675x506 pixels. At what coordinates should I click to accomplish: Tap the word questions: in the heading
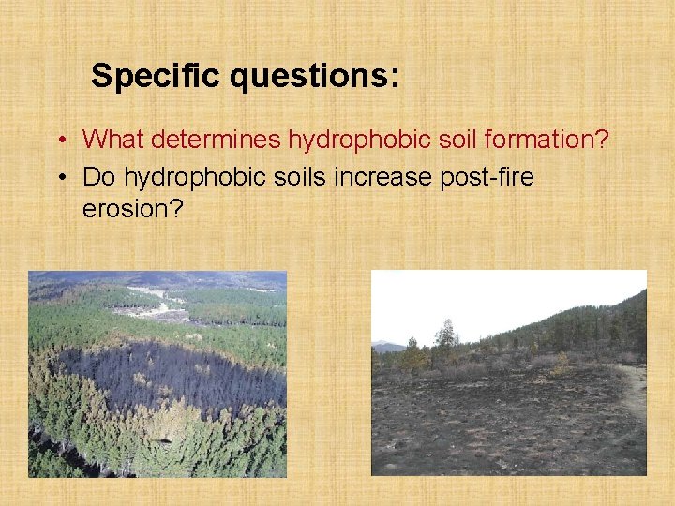pos(315,76)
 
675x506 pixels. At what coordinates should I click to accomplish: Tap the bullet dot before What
pos(59,141)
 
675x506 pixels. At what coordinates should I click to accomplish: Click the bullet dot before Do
pos(59,177)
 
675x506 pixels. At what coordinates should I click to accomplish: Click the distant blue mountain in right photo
pos(388,346)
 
